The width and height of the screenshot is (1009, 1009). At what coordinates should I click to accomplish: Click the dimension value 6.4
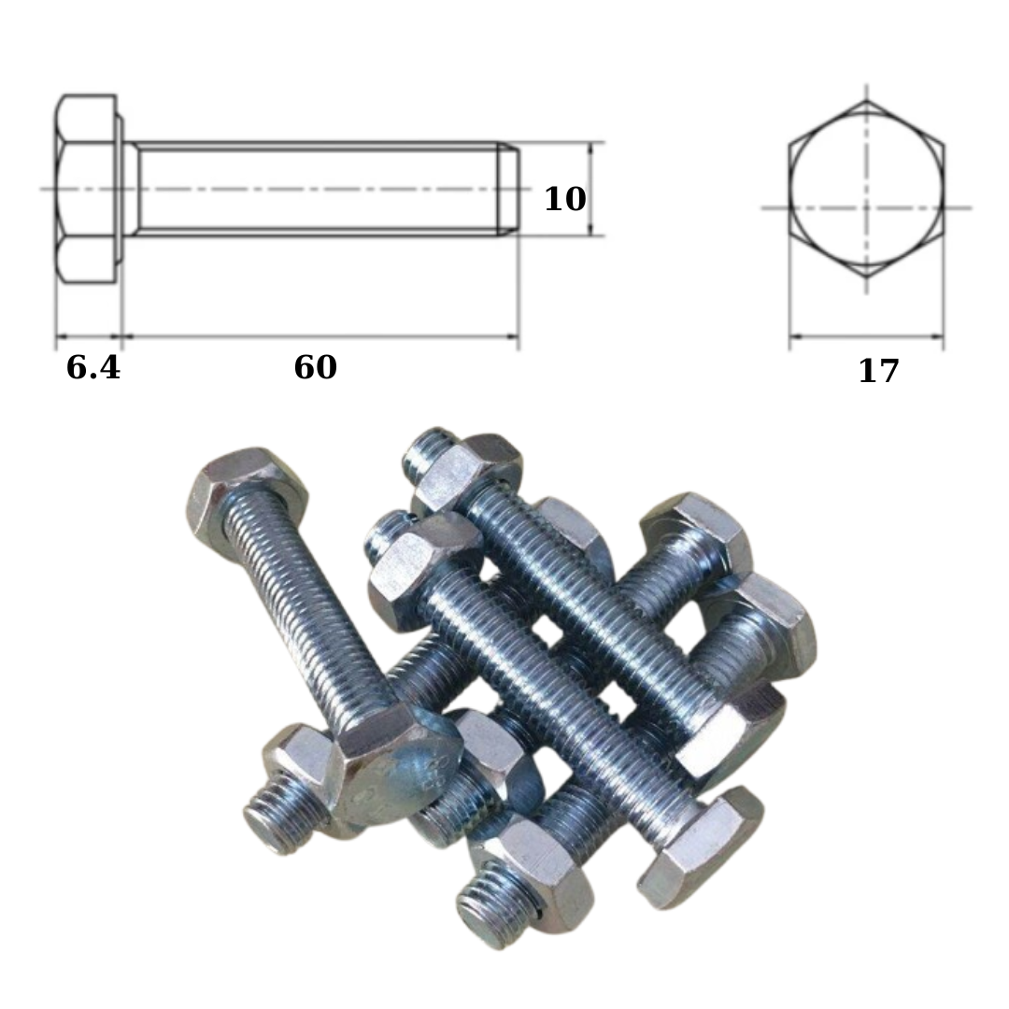[93, 367]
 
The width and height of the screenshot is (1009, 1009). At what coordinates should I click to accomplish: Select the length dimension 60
[316, 367]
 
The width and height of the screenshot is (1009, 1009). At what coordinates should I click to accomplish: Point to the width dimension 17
[878, 371]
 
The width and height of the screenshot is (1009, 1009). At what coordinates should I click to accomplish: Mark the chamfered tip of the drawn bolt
[508, 189]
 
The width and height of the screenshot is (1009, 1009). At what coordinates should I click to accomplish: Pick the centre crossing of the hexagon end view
[867, 207]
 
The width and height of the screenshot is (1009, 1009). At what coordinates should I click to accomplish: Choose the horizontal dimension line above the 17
[867, 335]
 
